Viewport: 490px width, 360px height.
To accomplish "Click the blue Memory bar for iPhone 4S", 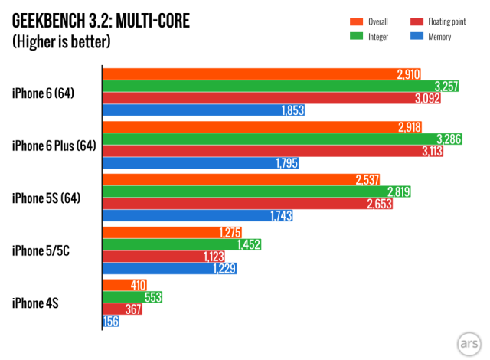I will click(110, 322).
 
